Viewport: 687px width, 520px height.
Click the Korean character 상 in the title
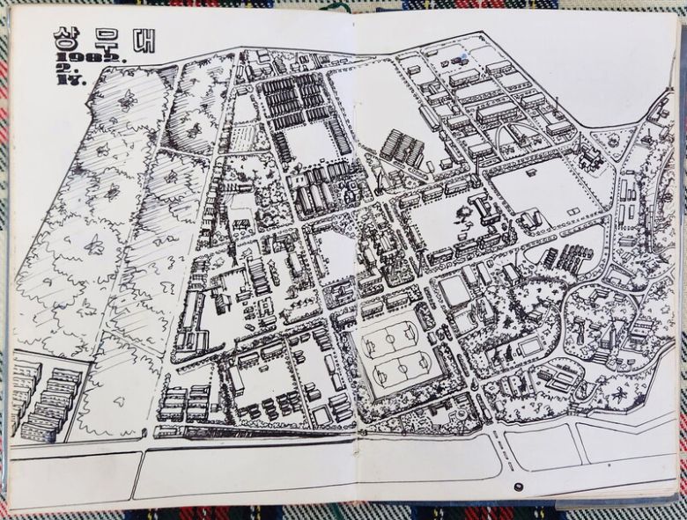pos(67,37)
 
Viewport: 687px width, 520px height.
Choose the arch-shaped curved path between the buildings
pos(511,136)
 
